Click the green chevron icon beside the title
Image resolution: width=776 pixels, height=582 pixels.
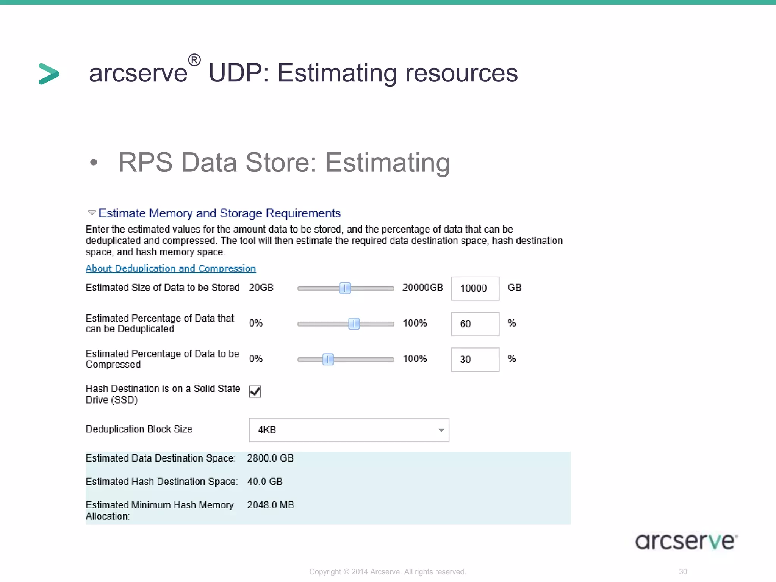(49, 74)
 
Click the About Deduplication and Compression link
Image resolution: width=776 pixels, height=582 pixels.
(171, 268)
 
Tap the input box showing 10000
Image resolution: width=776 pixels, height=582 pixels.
(475, 288)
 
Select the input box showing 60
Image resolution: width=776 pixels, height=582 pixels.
(475, 324)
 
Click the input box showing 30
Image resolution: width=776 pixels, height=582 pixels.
(475, 359)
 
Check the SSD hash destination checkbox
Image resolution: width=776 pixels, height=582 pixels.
(255, 391)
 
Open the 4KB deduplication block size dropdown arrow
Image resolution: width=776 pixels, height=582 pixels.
(441, 430)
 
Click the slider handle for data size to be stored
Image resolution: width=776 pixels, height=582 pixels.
(345, 288)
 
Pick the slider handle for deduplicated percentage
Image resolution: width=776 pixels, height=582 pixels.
(354, 324)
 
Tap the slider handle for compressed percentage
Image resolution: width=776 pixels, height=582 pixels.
(328, 359)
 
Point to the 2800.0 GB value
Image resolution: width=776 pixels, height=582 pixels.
(270, 458)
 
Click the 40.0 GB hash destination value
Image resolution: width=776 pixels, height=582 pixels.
(265, 482)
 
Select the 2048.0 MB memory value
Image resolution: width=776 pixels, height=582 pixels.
(271, 505)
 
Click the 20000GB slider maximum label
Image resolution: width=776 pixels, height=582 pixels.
(422, 288)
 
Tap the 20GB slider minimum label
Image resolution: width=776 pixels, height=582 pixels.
(261, 288)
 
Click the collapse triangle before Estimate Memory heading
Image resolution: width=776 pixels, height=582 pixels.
(92, 213)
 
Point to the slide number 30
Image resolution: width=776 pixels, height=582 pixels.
(683, 572)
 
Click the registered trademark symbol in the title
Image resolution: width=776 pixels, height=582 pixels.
(194, 60)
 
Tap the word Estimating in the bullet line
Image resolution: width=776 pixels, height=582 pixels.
(388, 162)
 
